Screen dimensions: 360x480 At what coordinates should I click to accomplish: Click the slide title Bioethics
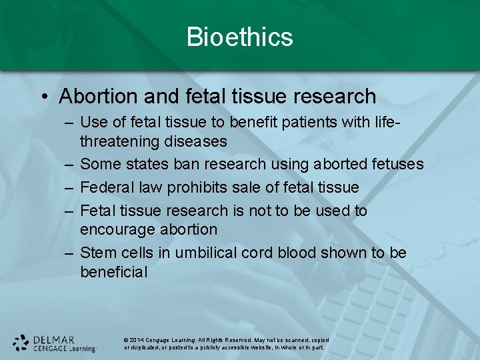[240, 37]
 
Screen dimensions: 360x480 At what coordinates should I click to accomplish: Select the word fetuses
[393, 164]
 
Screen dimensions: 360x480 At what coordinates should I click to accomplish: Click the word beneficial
[113, 272]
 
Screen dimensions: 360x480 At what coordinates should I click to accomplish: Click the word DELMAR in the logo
[55, 339]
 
